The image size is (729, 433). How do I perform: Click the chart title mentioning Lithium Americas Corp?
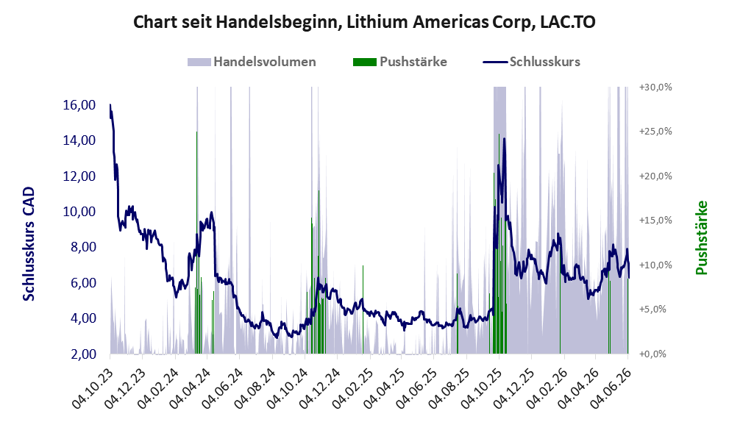coord(364,22)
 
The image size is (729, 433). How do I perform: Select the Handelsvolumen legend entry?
coord(252,62)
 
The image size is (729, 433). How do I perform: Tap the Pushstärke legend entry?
coord(400,62)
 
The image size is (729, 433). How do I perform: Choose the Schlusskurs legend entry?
coord(531,62)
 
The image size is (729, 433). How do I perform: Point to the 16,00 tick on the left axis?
coord(79,105)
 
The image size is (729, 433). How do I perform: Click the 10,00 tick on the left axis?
coord(79,212)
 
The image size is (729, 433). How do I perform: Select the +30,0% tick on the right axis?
coord(655,87)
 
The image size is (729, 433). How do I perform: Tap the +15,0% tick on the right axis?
coord(655,221)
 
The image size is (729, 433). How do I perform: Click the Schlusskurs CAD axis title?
coord(29,244)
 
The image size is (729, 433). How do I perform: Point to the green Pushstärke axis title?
coord(701,237)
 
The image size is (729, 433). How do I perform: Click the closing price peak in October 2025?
coord(504,138)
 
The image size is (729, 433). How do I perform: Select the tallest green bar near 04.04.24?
coord(196,243)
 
